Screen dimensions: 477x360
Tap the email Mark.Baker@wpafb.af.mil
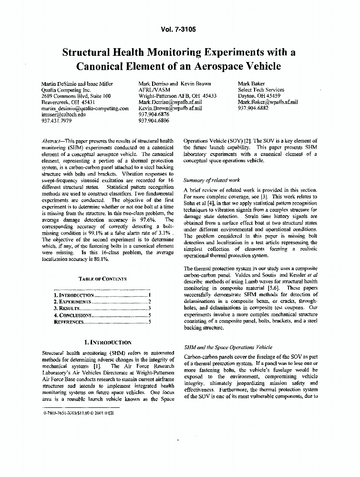click(x=267, y=102)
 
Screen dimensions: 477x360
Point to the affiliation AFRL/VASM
click(x=154, y=90)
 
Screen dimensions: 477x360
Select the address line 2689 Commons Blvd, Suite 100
click(x=77, y=96)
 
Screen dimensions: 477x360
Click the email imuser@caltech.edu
click(x=63, y=114)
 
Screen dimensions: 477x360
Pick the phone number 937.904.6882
click(x=253, y=108)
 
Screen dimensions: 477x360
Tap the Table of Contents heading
click(x=103, y=279)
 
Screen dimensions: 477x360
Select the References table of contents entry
click(x=69, y=322)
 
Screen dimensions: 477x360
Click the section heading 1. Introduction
click(x=107, y=342)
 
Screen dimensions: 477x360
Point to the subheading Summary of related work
click(x=212, y=180)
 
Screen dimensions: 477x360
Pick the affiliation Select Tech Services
click(x=261, y=90)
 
